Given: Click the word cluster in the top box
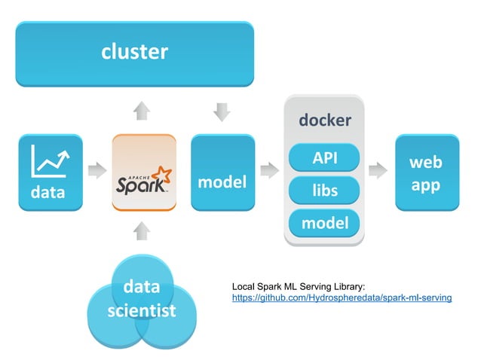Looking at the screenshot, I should (x=134, y=52).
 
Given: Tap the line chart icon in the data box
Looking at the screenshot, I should (x=51, y=160).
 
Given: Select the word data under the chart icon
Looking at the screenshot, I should (x=47, y=192).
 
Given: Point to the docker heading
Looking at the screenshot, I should (x=324, y=121).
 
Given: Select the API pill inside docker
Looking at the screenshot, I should (x=324, y=158).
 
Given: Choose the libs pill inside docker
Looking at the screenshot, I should (x=324, y=191).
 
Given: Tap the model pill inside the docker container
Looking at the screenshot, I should (x=324, y=224).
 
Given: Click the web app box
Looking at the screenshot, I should (x=426, y=173).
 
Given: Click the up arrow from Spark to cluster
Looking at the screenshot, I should (x=141, y=111).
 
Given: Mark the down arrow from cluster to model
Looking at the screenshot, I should (x=222, y=111).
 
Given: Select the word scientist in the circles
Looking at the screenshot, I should (x=141, y=310).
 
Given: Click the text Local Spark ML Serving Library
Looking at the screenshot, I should (x=298, y=286).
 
